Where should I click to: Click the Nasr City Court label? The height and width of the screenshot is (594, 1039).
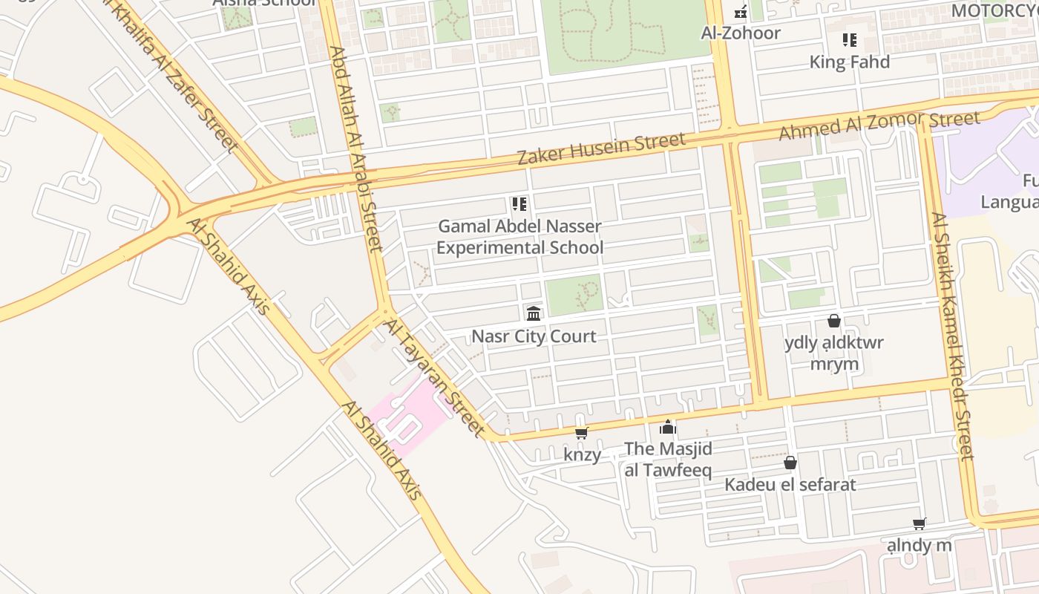[534, 336]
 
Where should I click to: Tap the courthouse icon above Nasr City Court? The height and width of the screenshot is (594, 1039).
[534, 313]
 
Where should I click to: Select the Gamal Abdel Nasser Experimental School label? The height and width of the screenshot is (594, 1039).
[519, 236]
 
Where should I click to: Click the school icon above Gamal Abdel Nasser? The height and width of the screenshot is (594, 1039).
[519, 203]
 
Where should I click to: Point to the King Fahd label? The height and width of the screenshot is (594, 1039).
[849, 62]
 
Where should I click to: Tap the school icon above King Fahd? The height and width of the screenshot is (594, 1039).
[849, 39]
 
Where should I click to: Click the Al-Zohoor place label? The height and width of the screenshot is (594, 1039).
[741, 33]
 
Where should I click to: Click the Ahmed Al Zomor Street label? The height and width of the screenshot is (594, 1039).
[879, 125]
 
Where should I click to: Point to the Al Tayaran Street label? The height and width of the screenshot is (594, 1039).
[434, 376]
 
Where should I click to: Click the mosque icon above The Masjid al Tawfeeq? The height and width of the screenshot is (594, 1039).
[668, 427]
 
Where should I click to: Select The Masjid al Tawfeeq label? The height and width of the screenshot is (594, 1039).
[668, 459]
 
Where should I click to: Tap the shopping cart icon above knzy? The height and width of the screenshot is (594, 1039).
[582, 433]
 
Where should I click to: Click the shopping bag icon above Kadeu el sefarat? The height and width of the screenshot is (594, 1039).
[790, 463]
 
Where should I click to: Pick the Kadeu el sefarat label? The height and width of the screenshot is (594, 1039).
[790, 485]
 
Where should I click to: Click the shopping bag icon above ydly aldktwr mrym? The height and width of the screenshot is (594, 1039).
[834, 321]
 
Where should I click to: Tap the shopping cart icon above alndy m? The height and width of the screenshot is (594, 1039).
[920, 523]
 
